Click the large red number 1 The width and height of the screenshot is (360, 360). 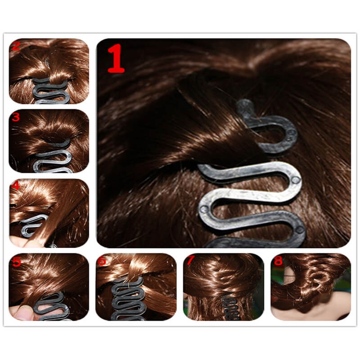coord(116,58)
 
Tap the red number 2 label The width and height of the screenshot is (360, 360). coord(16,46)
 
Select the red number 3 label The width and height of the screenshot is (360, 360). coord(16,117)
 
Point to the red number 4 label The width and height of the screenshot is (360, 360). coord(15,185)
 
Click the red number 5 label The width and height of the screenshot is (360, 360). coord(17,261)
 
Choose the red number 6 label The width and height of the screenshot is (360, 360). coord(102,261)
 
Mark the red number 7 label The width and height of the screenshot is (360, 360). coord(190,260)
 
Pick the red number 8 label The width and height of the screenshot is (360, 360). coord(278,261)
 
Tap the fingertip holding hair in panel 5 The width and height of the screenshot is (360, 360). coord(23,313)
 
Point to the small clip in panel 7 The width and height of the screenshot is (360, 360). coord(231,308)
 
